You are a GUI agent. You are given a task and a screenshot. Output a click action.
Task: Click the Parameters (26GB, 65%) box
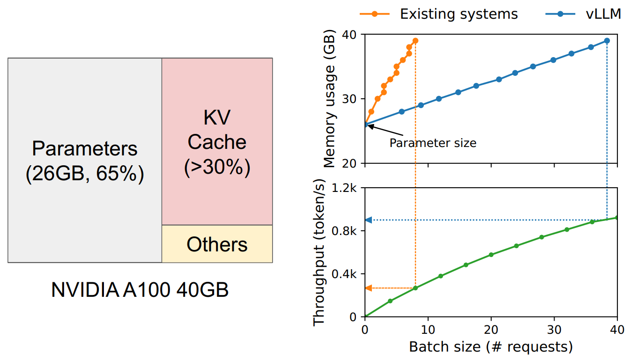85,160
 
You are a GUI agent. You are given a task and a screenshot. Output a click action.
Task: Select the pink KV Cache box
217,141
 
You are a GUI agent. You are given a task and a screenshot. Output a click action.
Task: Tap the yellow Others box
217,244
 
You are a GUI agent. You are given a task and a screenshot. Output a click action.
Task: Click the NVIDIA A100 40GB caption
140,290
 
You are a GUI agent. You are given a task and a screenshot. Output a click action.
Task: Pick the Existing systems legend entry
439,14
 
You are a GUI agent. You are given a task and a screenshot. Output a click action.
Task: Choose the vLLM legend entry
583,14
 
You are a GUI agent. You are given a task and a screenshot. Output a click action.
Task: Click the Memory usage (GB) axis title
329,98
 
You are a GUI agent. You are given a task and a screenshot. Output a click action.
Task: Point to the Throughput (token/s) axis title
319,252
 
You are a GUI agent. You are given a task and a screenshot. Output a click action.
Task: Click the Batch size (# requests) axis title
491,347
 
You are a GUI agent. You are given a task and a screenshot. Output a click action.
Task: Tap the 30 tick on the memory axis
349,99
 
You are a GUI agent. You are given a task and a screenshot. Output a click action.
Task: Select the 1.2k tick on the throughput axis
344,188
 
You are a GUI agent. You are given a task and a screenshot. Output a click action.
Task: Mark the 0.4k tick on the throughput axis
344,274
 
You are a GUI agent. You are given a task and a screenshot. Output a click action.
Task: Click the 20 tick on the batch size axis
491,330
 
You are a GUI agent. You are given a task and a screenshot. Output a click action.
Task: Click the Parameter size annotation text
433,143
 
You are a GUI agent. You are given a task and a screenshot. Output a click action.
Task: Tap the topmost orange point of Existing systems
415,41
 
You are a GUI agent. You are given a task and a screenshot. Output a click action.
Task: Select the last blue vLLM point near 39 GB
607,41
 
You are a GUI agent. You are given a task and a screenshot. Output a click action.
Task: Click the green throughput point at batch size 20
491,255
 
